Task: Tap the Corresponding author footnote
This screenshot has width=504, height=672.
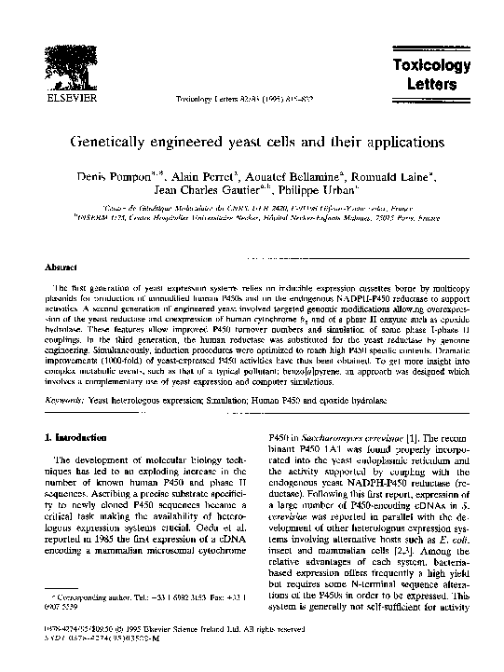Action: [140, 619]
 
